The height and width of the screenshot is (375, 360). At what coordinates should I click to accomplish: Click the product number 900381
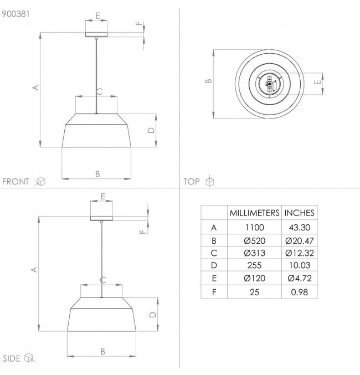(x=16, y=14)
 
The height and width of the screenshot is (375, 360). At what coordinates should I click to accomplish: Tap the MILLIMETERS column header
(x=254, y=213)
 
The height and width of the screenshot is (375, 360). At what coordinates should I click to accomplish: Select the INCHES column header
(x=299, y=213)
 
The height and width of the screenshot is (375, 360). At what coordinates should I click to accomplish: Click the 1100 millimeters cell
(x=254, y=227)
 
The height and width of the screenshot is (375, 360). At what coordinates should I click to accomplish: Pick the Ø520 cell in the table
(x=254, y=240)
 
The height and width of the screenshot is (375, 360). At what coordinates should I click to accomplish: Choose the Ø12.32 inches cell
(x=299, y=253)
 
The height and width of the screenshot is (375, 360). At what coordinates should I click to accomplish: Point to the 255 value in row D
(x=254, y=265)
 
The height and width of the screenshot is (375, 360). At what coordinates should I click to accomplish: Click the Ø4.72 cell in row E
(x=300, y=278)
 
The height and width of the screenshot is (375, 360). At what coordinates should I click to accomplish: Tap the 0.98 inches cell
(x=300, y=292)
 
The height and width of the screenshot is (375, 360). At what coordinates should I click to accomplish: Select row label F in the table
(x=214, y=292)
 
